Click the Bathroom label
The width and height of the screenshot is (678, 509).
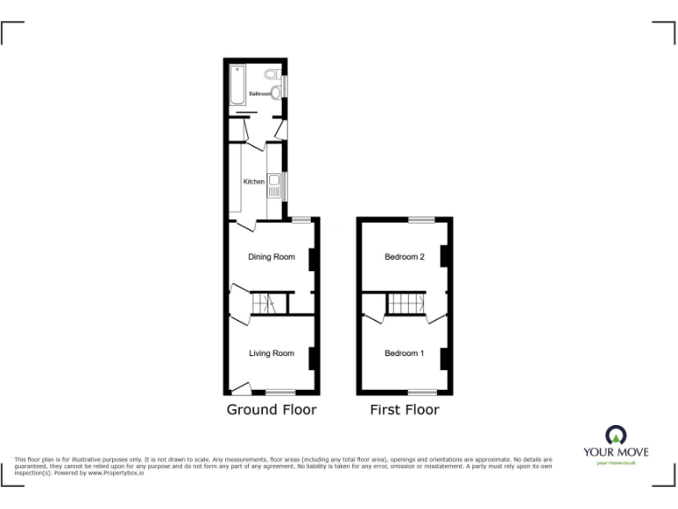click(x=259, y=93)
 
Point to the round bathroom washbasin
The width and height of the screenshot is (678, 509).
click(x=275, y=92)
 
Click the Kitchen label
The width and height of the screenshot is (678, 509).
click(x=254, y=181)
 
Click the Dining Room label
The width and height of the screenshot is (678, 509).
click(x=271, y=257)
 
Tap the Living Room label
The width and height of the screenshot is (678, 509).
click(x=271, y=353)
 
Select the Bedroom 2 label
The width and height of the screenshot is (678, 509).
click(x=404, y=257)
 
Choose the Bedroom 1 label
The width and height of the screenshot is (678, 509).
click(x=404, y=353)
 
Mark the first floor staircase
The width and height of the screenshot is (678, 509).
click(x=407, y=303)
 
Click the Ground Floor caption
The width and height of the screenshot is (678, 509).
click(x=271, y=409)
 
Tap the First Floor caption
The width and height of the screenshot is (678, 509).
click(x=404, y=409)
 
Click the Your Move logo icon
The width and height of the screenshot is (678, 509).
click(x=615, y=435)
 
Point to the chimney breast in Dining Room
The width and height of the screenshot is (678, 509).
click(x=312, y=259)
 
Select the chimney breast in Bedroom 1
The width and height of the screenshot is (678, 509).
click(x=445, y=360)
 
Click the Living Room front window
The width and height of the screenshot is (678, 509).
click(x=281, y=391)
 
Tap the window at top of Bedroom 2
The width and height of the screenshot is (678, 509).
click(x=420, y=218)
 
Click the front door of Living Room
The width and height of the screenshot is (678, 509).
click(x=241, y=387)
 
